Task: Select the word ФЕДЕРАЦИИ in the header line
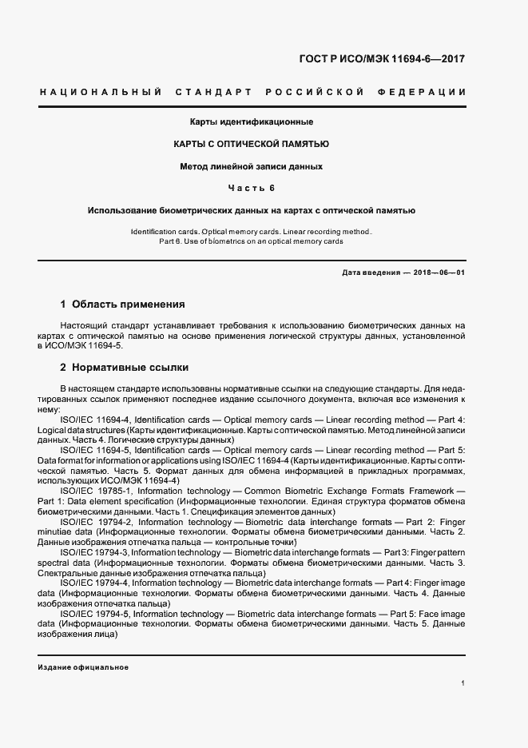pyautogui.click(x=430, y=93)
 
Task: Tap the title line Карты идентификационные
pyautogui.click(x=251, y=122)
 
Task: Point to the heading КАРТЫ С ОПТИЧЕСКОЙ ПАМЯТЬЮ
pyautogui.click(x=251, y=145)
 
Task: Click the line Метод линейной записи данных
pyautogui.click(x=251, y=167)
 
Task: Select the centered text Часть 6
pyautogui.click(x=251, y=189)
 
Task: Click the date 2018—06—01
pyautogui.click(x=439, y=273)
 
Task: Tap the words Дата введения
pyautogui.click(x=371, y=273)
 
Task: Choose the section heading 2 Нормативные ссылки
pyautogui.click(x=125, y=368)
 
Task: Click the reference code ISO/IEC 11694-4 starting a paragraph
pyautogui.click(x=95, y=419)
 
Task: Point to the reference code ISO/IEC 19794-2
pyautogui.click(x=96, y=522)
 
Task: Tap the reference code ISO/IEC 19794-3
pyautogui.click(x=94, y=552)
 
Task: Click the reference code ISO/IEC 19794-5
pyautogui.click(x=94, y=614)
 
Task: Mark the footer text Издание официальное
pyautogui.click(x=83, y=666)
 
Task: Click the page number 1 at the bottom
pyautogui.click(x=463, y=683)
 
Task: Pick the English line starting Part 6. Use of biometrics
pyautogui.click(x=251, y=241)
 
